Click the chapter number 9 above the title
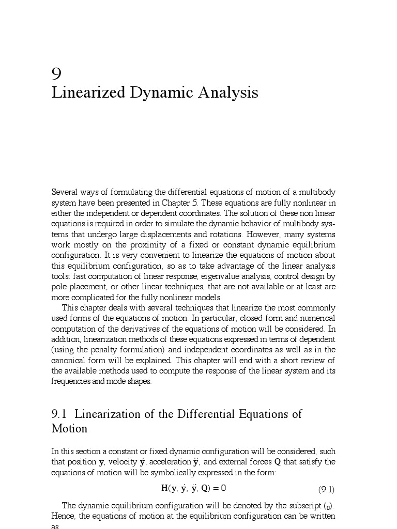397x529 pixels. point(57,74)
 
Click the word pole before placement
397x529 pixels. point(58,287)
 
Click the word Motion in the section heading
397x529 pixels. point(69,429)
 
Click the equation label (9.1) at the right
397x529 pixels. point(326,490)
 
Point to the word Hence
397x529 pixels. point(62,516)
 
